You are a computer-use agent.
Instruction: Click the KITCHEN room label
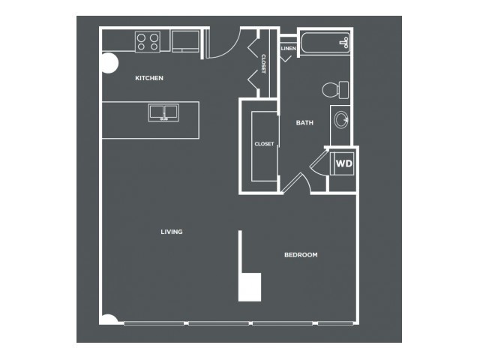pos(149,78)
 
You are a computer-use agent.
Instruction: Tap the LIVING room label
pos(172,232)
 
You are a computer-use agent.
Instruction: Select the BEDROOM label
pos(301,255)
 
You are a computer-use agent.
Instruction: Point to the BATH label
pos(304,123)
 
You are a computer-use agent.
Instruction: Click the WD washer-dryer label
pos(344,163)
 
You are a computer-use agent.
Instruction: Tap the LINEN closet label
pos(288,48)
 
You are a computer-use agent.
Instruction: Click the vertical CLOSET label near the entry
pos(263,64)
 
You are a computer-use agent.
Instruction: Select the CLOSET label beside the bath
pos(264,143)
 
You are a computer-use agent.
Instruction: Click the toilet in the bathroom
pos(335,90)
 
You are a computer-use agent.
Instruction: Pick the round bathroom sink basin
pos(340,119)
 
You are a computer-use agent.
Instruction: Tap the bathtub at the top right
pos(325,43)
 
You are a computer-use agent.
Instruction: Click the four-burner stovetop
pos(148,42)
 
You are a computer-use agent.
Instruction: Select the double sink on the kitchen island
pos(163,112)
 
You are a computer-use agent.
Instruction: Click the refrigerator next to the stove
pos(185,41)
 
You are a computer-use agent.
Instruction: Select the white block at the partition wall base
pos(250,287)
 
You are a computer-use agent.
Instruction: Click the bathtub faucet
pos(345,43)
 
